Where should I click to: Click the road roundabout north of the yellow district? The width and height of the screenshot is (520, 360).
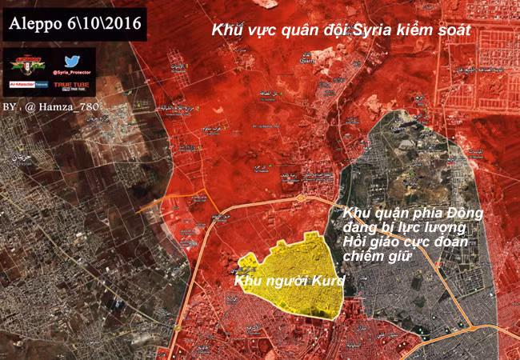[299, 197]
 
